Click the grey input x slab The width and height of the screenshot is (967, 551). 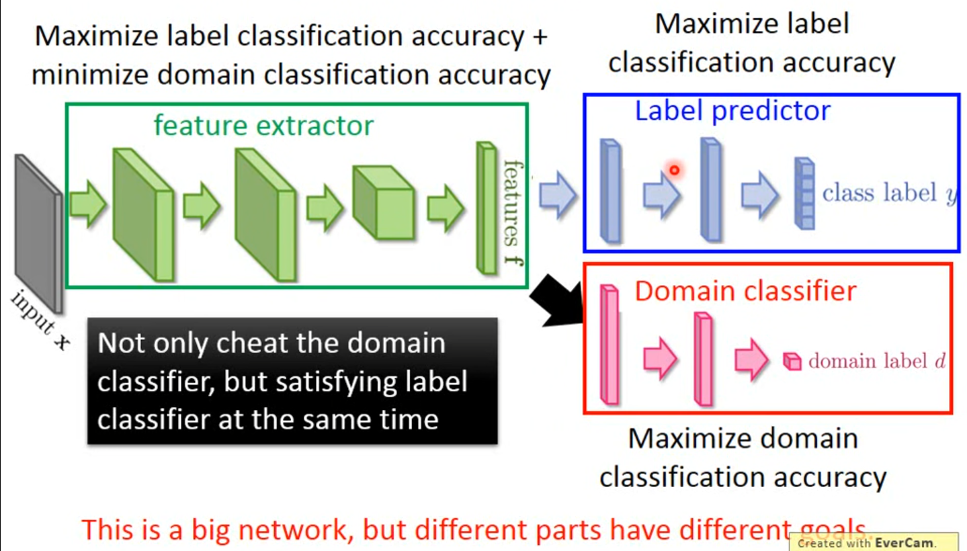[x=39, y=232]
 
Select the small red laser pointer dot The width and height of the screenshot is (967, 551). [x=673, y=171]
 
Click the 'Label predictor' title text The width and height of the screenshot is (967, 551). [x=732, y=111]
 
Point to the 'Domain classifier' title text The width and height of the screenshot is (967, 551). [x=745, y=291]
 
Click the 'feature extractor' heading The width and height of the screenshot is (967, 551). [x=263, y=125]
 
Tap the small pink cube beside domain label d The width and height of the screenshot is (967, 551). [x=792, y=362]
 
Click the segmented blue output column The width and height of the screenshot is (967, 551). [x=804, y=194]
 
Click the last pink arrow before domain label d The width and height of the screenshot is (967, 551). [x=751, y=359]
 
